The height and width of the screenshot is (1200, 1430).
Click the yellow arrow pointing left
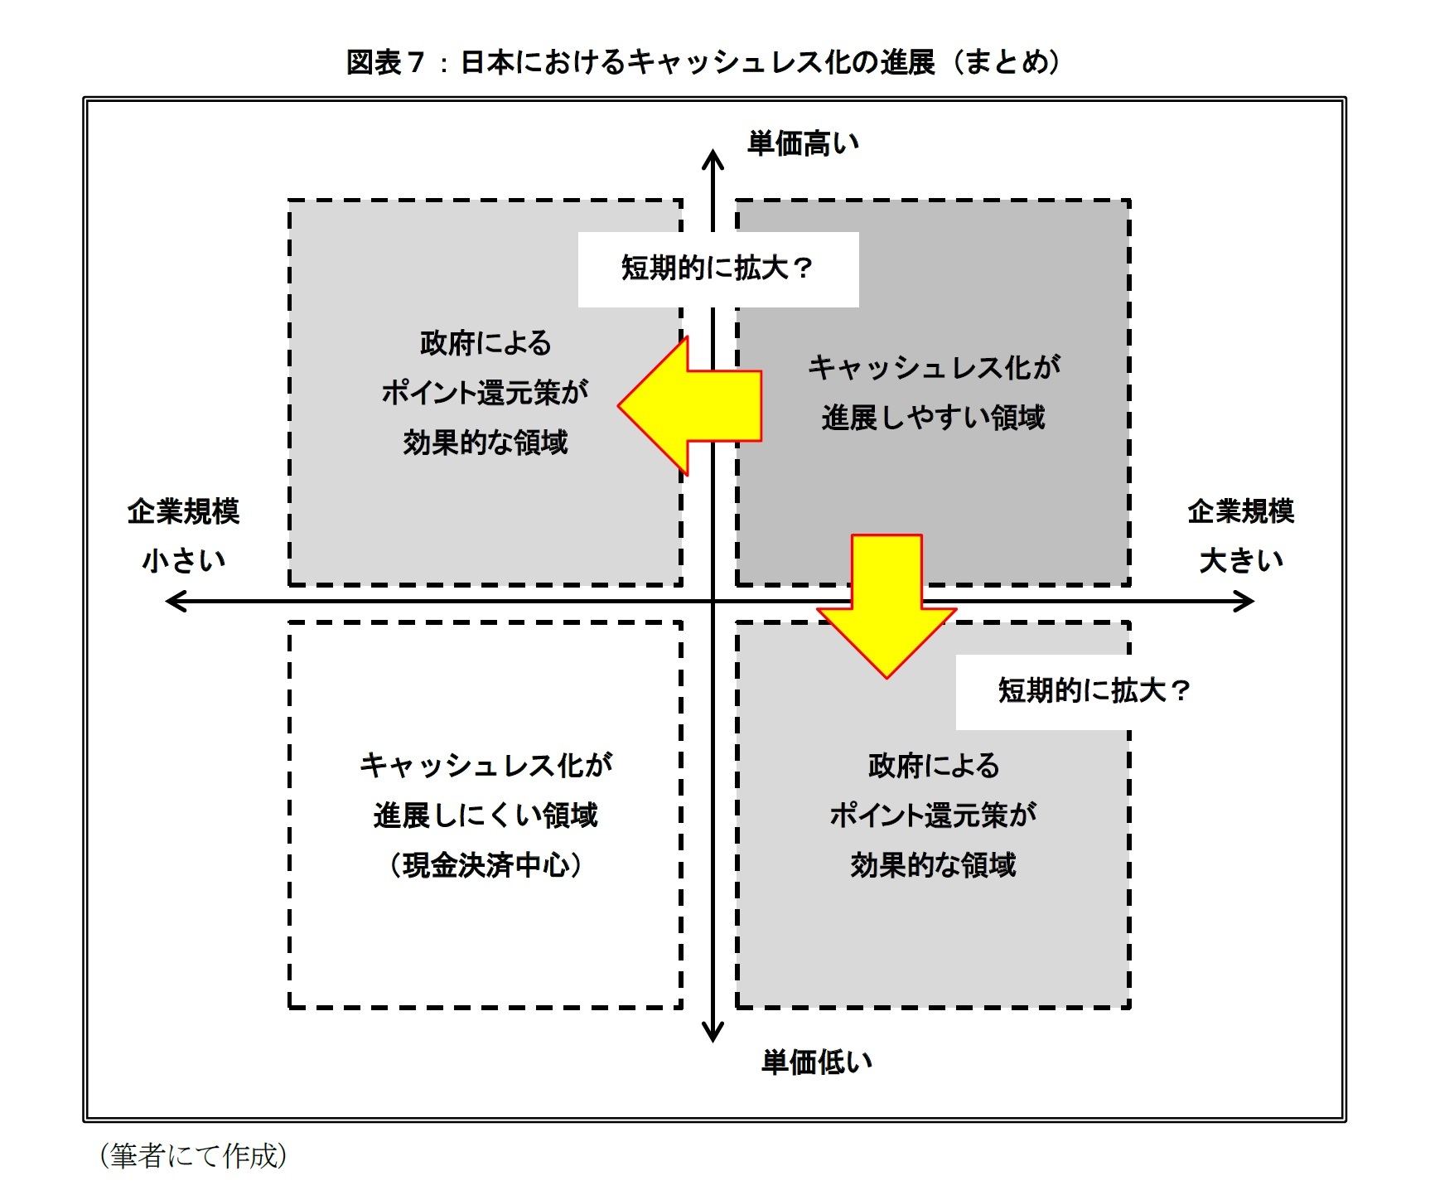[689, 406]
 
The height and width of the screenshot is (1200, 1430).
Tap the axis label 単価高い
[803, 143]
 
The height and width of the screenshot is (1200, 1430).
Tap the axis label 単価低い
[817, 1062]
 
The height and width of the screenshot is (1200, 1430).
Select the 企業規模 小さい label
[183, 535]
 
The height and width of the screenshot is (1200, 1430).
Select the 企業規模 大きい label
[1240, 535]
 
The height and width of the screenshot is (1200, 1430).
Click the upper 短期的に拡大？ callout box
[718, 269]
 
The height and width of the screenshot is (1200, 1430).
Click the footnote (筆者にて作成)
[193, 1155]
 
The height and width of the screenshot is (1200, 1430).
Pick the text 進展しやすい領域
[934, 418]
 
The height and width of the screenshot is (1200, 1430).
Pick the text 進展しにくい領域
[486, 815]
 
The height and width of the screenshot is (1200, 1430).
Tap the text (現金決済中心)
[486, 865]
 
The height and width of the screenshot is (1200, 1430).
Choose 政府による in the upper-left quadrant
[486, 343]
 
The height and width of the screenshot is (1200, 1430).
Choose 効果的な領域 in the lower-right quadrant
[933, 865]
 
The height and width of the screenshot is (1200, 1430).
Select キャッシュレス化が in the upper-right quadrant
[934, 367]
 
